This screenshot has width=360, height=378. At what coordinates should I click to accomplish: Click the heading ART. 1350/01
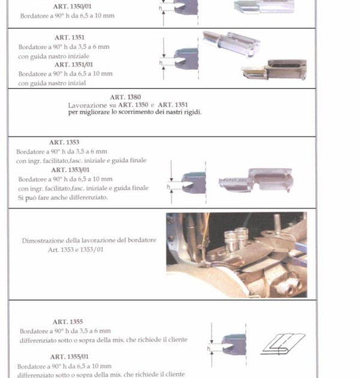tap(73, 7)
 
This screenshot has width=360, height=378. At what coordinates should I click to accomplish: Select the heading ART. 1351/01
tap(74, 65)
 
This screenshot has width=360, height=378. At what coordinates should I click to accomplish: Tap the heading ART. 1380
tap(125, 97)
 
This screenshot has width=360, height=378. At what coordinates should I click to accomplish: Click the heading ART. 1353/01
tap(70, 170)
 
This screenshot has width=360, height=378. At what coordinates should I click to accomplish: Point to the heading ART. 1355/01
tap(70, 356)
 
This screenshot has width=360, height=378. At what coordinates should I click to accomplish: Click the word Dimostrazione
tap(43, 241)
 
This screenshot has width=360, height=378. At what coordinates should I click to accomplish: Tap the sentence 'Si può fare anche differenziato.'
tap(62, 197)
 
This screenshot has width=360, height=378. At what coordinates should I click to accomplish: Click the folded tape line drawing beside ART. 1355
tap(283, 344)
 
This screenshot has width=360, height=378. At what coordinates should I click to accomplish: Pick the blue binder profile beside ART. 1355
tap(234, 344)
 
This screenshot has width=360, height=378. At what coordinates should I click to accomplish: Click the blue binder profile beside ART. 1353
tap(194, 182)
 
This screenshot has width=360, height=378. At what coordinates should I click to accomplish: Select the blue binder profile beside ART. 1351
tap(186, 59)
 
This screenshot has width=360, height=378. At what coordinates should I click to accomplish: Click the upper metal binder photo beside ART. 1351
tap(231, 44)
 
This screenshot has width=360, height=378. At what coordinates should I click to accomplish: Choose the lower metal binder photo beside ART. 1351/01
tap(274, 70)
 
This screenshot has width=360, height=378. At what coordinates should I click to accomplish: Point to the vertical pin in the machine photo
tap(277, 224)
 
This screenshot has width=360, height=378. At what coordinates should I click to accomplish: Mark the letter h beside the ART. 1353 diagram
tap(169, 187)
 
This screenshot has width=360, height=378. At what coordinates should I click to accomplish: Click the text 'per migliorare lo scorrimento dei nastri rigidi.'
tap(135, 112)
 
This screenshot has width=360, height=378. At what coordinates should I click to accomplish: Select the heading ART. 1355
tap(68, 322)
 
